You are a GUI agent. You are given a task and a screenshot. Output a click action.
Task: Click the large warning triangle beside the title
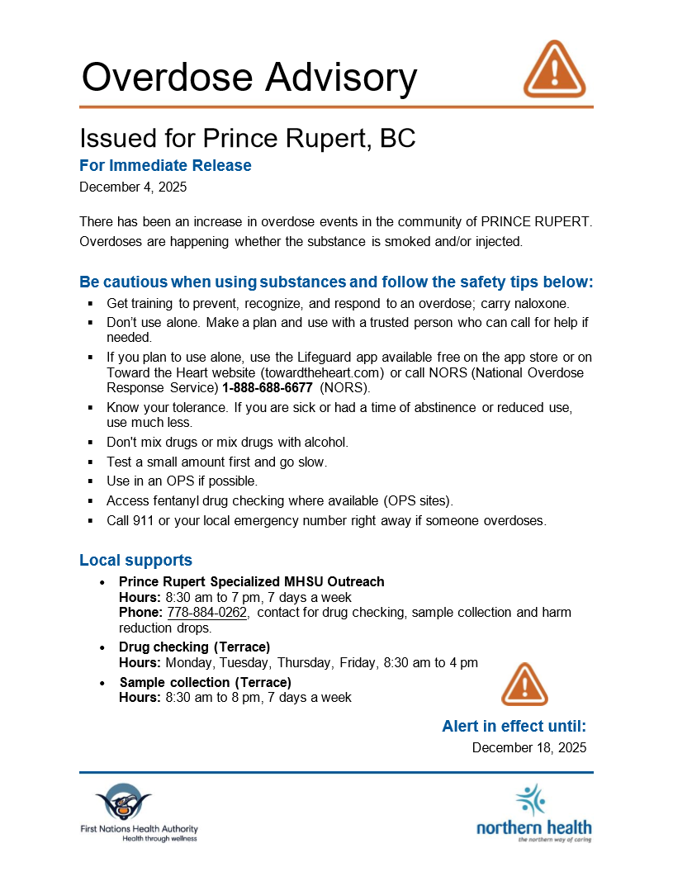point(554,69)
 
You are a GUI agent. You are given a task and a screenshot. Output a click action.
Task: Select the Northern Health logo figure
point(530,800)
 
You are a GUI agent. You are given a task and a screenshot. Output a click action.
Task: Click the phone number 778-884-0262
point(207,613)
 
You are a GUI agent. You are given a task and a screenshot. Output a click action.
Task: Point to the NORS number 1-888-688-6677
point(267,387)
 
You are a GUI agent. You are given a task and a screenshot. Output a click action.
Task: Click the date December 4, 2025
point(133,187)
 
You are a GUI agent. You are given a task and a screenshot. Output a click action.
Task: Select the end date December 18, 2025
point(529,747)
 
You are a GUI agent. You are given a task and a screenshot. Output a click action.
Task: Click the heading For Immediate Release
point(165,165)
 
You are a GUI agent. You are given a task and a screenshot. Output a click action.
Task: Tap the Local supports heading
point(135,561)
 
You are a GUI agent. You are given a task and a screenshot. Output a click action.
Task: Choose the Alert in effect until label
point(514,727)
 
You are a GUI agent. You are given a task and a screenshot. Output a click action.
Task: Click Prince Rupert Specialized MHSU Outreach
point(251,582)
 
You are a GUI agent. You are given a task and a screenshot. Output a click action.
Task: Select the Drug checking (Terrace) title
point(194,647)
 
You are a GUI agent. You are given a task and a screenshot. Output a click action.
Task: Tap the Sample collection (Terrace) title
point(205,683)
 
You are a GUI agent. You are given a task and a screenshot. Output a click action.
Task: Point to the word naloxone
point(540,304)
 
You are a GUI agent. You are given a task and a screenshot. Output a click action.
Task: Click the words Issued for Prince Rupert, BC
point(247,138)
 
